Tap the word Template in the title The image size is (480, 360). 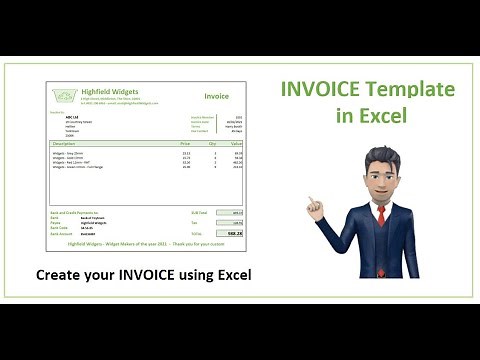[412, 90]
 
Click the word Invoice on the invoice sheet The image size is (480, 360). [216, 97]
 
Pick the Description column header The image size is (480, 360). [65, 144]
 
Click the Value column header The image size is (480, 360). [236, 144]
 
